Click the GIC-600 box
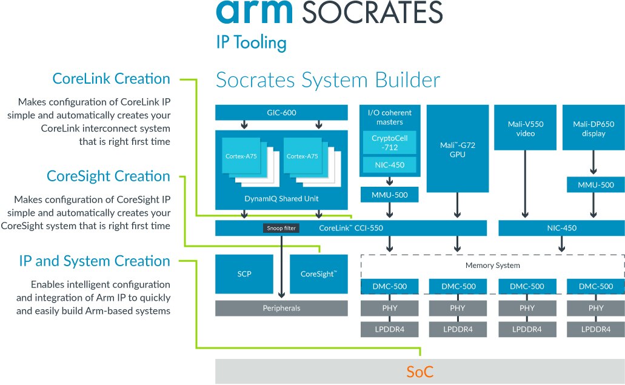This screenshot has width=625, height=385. (281, 113)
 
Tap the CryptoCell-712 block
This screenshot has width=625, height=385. (389, 142)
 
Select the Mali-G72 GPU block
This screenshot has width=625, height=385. (457, 149)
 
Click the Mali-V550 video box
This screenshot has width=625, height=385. (525, 128)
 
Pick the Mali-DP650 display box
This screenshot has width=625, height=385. (593, 128)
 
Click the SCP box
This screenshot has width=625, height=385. (244, 274)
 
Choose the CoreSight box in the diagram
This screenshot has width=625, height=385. (319, 274)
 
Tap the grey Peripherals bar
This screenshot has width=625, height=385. (281, 308)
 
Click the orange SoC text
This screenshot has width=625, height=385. (419, 372)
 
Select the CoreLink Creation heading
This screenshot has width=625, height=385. (112, 79)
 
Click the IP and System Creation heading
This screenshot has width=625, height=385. (95, 261)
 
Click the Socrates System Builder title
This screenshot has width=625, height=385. (328, 81)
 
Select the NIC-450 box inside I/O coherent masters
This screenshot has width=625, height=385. (389, 165)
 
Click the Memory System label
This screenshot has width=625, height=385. (492, 266)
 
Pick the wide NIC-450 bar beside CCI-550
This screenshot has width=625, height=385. (561, 228)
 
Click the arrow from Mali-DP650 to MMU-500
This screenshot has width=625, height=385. (593, 163)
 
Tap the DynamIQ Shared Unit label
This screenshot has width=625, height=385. (281, 198)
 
